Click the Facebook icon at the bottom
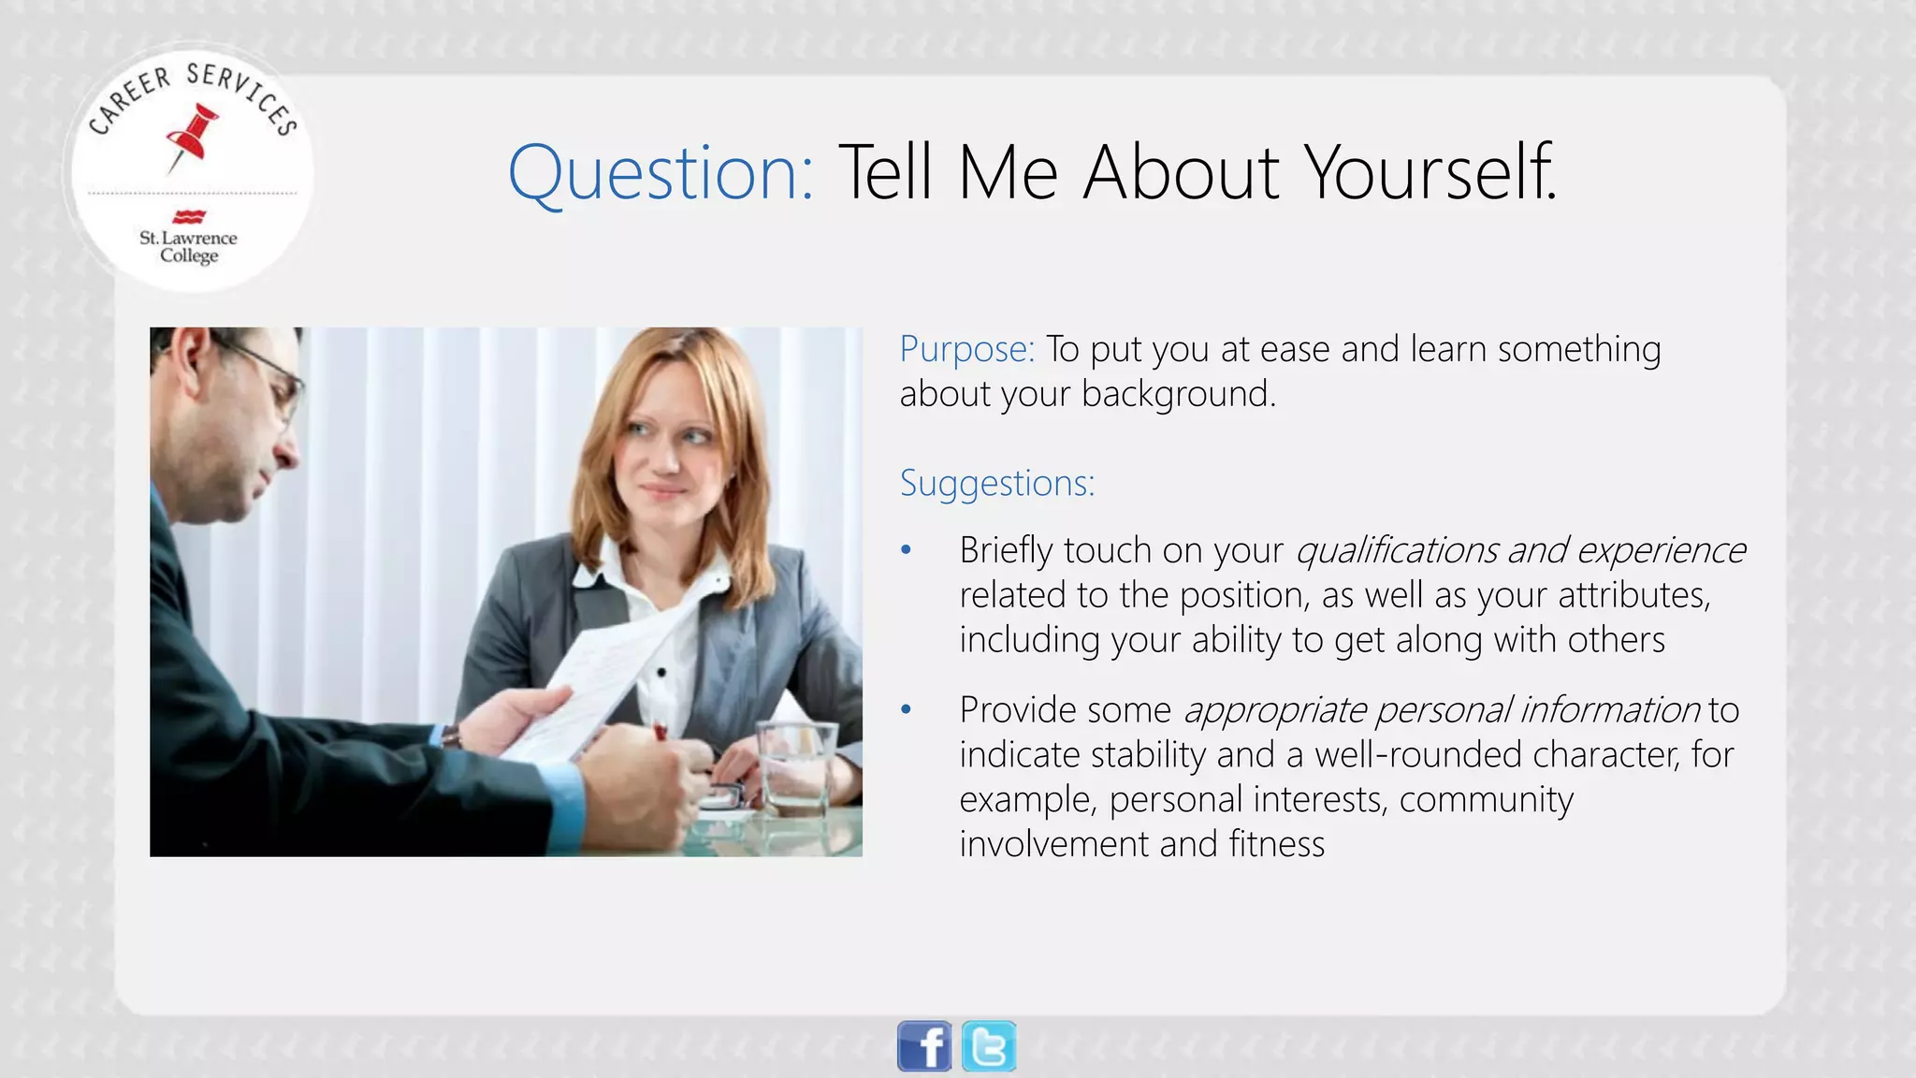click(923, 1046)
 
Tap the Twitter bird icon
click(989, 1046)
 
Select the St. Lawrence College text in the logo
click(188, 247)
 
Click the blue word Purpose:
click(966, 349)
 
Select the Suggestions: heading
click(996, 483)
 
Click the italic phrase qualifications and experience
click(1519, 550)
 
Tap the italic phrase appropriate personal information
click(1441, 710)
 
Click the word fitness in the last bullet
click(1276, 844)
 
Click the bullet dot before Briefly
click(906, 550)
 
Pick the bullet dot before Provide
click(906, 710)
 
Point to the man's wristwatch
click(452, 736)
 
